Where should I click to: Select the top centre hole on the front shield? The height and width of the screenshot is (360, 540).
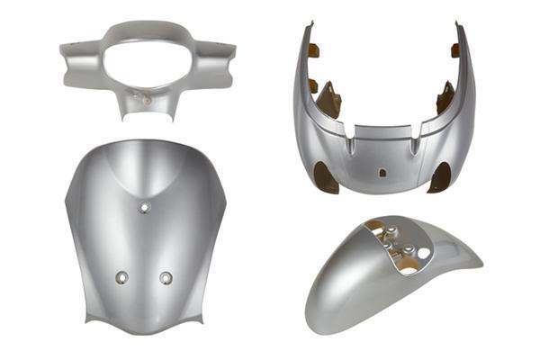143,209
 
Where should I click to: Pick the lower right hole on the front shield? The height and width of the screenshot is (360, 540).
166,277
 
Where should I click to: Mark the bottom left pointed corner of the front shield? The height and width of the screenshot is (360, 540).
87,321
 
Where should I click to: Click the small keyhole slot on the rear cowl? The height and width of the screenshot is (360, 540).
382,171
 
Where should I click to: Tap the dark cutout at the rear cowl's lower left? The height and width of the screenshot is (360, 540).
327,179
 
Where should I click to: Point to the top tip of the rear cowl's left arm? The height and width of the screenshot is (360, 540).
309,23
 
